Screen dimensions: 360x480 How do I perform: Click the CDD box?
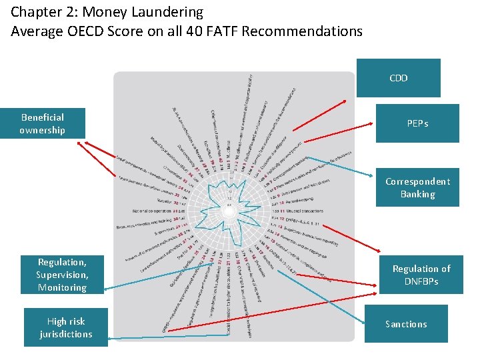399,78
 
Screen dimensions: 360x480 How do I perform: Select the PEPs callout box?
417,123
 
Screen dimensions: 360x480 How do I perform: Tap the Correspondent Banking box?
417,187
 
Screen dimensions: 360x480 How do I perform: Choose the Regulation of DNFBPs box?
421,274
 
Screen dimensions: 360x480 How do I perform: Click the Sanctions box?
405,324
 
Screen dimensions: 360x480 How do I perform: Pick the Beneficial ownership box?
43,123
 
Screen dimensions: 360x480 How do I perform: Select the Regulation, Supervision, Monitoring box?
63,275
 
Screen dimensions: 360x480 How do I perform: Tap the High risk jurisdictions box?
65,327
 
